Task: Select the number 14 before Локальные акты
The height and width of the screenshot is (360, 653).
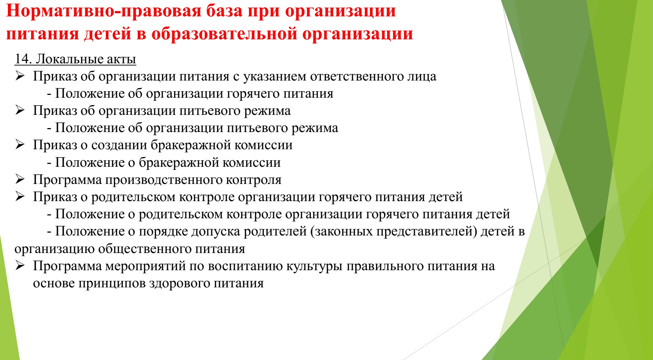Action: pos(23,59)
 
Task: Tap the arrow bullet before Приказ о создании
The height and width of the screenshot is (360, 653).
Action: pos(20,145)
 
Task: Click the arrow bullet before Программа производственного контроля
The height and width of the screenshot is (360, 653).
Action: pos(20,179)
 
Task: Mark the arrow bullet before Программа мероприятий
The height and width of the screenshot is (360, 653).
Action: pos(20,266)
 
